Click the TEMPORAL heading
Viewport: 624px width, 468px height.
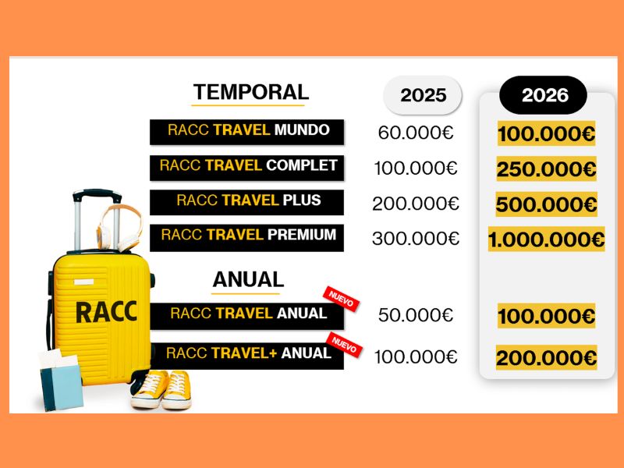click(250, 92)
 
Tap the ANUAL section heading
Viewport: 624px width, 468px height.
click(247, 279)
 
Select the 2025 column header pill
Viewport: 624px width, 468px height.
click(423, 95)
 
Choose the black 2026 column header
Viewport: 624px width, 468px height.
click(544, 95)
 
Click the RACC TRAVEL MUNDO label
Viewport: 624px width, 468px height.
click(247, 131)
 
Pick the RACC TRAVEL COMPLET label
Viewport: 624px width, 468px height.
click(247, 167)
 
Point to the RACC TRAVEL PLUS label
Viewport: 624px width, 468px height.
click(247, 201)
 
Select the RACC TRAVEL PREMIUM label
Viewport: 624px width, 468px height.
click(247, 236)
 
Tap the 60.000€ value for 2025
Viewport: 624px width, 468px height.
click(416, 133)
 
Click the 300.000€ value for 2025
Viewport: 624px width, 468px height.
click(416, 239)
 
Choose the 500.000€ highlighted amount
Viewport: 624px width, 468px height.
click(546, 205)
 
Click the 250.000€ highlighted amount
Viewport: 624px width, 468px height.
click(546, 168)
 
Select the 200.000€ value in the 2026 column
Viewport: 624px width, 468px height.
click(546, 358)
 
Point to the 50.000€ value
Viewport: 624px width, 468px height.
click(416, 315)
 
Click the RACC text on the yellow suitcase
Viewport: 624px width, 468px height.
click(106, 310)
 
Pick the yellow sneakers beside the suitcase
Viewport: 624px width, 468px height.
click(161, 388)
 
